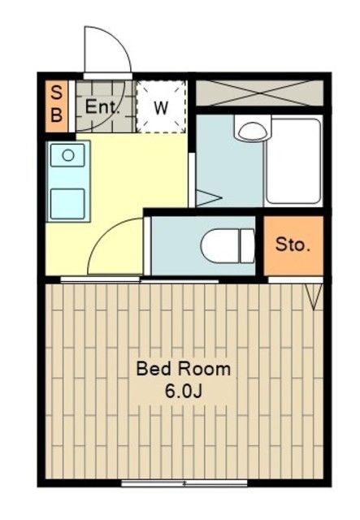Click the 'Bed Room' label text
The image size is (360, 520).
tap(183, 369)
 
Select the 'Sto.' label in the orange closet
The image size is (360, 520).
tap(293, 245)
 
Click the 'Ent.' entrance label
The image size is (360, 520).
tap(103, 106)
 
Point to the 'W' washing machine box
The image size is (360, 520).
tap(161, 107)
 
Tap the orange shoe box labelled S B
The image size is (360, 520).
tap(56, 104)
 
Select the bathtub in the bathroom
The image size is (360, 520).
tap(293, 162)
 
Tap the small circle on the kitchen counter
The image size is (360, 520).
tap(68, 154)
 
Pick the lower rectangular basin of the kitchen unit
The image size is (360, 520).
tap(68, 201)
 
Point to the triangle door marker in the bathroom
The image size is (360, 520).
tap(207, 197)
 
